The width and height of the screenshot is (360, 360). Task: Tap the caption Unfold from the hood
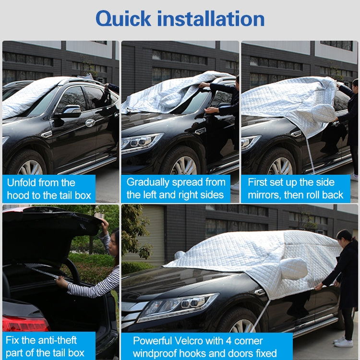[x=48, y=189]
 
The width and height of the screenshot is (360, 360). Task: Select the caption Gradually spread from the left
[x=176, y=188]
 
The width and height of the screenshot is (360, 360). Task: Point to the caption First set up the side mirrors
[x=295, y=188]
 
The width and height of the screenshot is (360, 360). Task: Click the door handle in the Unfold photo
[x=90, y=122]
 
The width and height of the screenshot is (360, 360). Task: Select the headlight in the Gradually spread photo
[x=142, y=142]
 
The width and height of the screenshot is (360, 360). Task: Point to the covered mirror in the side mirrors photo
[x=323, y=113]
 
